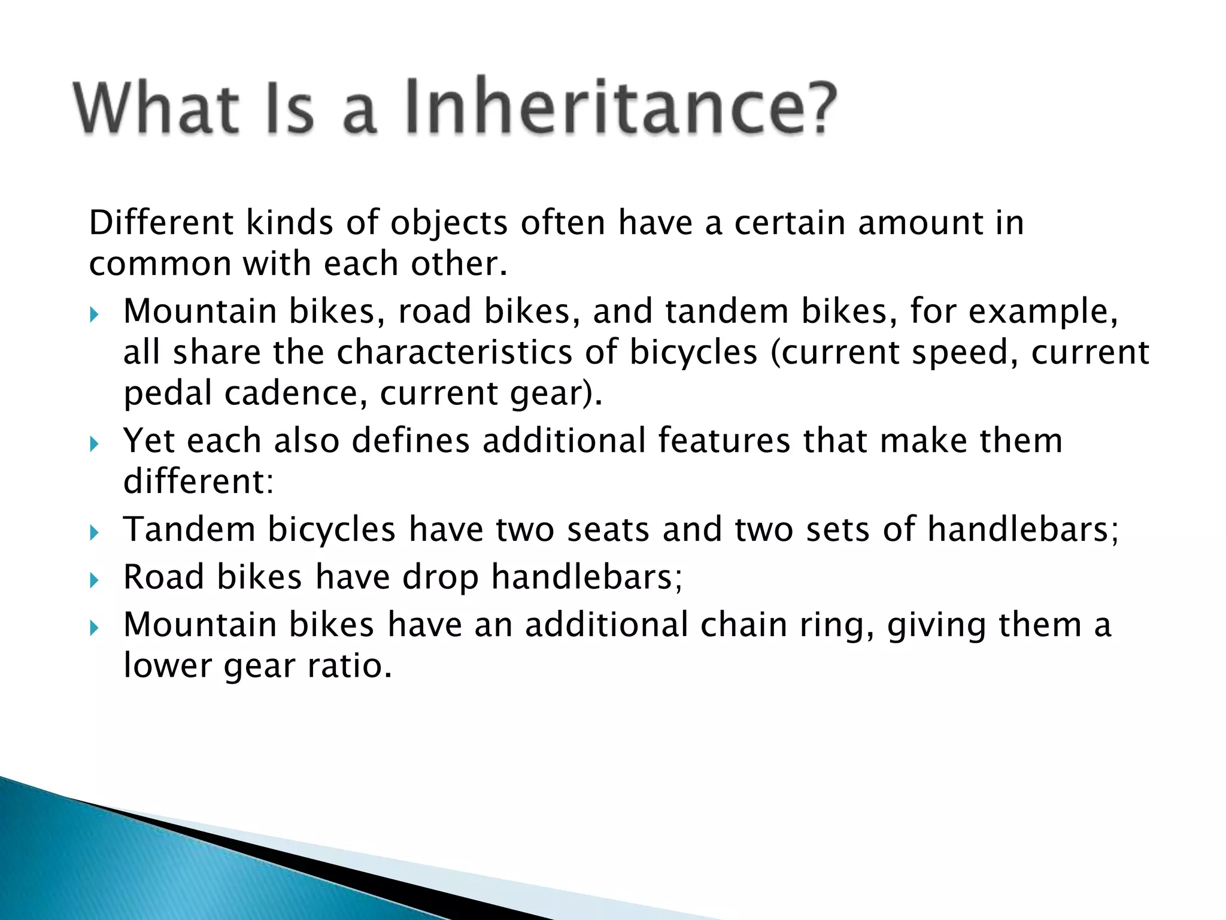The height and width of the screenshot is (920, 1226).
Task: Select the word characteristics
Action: point(454,352)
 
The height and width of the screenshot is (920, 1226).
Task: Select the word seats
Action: point(608,529)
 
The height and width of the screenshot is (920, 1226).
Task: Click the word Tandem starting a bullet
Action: point(190,529)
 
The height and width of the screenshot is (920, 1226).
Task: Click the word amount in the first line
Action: point(921,223)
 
